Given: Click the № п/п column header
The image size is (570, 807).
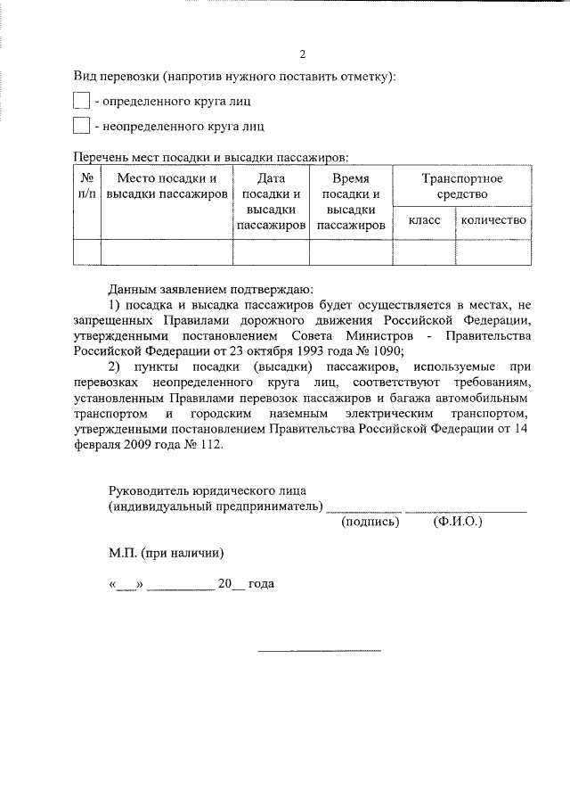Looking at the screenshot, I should (x=86, y=186).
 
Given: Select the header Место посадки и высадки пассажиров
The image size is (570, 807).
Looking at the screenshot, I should (x=167, y=186).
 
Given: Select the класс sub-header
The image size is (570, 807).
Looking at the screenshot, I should (x=424, y=220).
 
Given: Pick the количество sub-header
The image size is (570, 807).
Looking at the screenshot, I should (x=493, y=220).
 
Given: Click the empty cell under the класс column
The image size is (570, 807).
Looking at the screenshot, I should (x=424, y=252).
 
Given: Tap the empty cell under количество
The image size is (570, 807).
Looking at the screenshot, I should (x=493, y=252).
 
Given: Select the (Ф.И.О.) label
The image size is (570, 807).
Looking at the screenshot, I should (x=458, y=522).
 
